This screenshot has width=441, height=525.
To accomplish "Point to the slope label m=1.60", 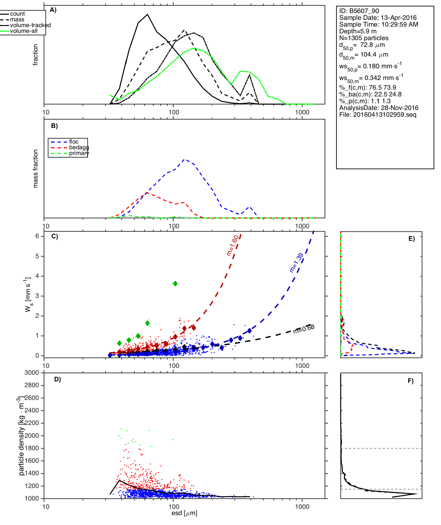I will coord(232,245).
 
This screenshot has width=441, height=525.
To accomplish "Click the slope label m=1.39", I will coord(296,263).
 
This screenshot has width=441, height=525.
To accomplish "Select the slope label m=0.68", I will coord(304,329).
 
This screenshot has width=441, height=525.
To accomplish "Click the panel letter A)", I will coord(53,10).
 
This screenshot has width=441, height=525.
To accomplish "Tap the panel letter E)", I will coord(412,239).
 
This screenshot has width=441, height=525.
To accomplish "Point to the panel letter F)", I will coord(411,381).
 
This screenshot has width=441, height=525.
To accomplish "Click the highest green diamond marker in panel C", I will coord(175,283).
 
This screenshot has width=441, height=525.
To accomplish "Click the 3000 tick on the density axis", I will coord(32,373).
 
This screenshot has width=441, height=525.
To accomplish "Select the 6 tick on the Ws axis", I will coord(37,236).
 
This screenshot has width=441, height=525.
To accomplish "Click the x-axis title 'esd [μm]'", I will coord(184,513).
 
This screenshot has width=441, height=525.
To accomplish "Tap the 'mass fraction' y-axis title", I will coord(36,169).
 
